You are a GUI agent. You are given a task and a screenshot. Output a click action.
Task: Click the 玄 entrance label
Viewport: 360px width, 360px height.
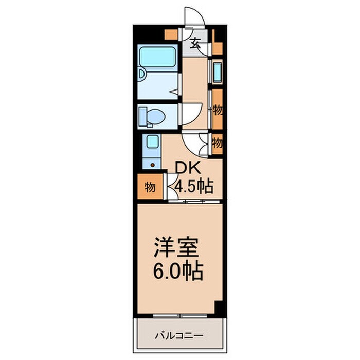(x=196, y=43)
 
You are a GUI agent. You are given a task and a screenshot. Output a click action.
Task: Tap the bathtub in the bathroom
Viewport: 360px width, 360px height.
(x=157, y=57)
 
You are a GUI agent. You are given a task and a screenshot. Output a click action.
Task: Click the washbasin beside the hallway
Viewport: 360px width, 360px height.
(x=217, y=72)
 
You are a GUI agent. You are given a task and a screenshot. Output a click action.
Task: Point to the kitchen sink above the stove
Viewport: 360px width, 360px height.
(x=152, y=141)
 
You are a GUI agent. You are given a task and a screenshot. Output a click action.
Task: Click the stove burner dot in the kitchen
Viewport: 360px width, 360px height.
(x=152, y=165)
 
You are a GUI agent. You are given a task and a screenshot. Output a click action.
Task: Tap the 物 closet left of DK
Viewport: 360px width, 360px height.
(x=149, y=187)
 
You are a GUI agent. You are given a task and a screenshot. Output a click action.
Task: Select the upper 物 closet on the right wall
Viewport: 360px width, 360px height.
(x=218, y=110)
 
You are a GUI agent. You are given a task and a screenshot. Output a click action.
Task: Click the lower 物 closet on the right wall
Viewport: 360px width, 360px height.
(x=217, y=143)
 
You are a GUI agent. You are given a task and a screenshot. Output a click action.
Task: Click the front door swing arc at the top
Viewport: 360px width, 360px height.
(x=196, y=16)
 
